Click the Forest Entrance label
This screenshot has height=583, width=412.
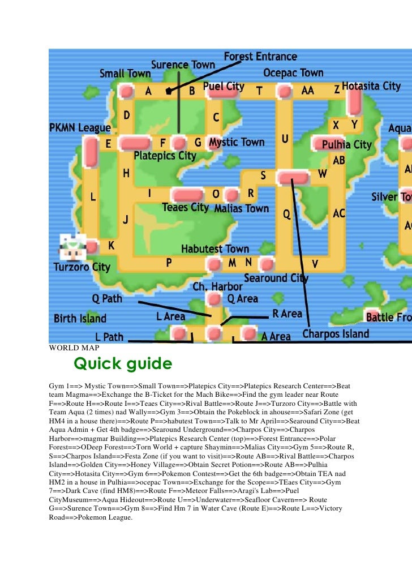260,57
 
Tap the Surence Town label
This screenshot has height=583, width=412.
183,65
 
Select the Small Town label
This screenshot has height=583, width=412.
125,74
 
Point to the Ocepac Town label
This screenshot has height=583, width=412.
293,73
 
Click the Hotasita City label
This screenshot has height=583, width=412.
371,87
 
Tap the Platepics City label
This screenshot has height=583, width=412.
165,156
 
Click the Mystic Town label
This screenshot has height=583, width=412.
237,143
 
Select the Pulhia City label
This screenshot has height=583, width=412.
346,145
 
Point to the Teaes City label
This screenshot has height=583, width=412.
185,207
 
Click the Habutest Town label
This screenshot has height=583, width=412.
215,249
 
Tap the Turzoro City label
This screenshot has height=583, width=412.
81,267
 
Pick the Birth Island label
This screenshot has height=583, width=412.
80,318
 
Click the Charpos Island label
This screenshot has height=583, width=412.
336,334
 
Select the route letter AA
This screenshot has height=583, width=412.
308,91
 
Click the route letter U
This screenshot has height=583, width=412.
285,138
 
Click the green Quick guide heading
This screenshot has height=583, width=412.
123,363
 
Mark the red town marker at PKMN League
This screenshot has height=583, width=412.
91,152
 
